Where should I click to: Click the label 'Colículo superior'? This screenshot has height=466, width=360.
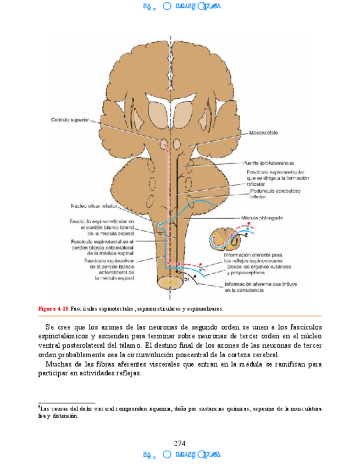(x=70, y=119)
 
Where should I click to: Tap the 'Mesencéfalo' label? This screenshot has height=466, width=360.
(x=264, y=132)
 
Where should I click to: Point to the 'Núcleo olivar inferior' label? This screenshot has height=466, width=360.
(x=95, y=207)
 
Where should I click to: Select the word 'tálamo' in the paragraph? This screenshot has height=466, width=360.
(x=129, y=346)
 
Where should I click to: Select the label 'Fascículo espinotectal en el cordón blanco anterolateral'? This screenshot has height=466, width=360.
(x=102, y=247)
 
